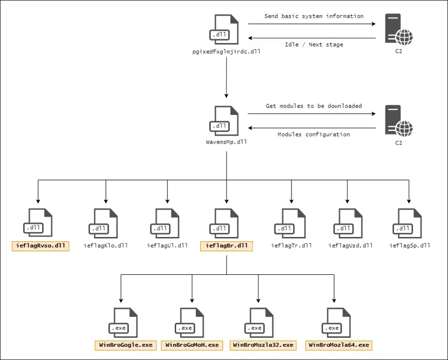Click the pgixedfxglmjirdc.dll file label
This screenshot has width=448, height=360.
pos(226,52)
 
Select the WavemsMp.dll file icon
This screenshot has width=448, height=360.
pos(224,121)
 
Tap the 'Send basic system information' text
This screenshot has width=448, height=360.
pos(314,16)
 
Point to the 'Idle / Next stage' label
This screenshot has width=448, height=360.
pos(314,45)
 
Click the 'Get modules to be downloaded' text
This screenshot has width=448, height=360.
pos(314,106)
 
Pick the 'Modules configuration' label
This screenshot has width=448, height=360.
pos(314,135)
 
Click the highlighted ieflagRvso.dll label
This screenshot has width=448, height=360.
pos(41,246)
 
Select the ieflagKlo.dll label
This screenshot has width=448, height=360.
pos(106,246)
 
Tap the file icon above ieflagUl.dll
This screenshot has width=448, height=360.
pos(165,223)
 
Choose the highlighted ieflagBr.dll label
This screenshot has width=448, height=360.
pos(226,246)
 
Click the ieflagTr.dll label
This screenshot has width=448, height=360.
pos(291,246)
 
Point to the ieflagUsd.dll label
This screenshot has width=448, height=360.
pos(350,246)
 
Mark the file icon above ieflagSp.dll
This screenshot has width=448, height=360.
pos(407,223)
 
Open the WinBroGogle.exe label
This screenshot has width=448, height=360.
pos(126,345)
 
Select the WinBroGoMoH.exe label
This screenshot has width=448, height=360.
pos(192,345)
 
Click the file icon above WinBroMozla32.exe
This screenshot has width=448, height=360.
pos(259,323)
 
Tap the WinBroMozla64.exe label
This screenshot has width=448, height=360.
pos(339,345)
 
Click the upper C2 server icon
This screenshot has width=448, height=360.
pos(399,29)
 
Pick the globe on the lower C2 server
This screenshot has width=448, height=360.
pos(404,128)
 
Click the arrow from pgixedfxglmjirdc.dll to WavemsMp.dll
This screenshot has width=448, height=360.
pos(226,78)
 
